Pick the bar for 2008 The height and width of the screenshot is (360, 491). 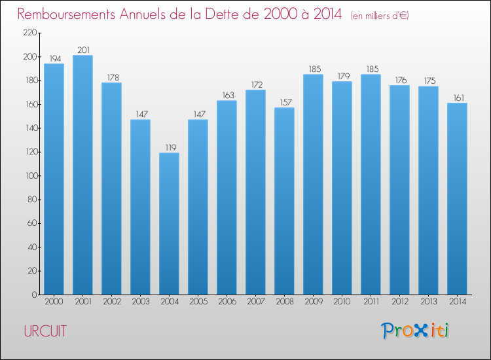(x=284, y=201)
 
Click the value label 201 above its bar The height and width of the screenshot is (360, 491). (x=82, y=50)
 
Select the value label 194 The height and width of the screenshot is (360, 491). (x=54, y=58)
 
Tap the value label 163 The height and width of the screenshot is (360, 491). (x=227, y=95)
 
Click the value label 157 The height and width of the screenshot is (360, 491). (x=284, y=102)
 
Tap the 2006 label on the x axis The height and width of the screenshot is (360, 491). (x=227, y=302)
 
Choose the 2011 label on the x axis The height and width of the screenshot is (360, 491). (x=371, y=302)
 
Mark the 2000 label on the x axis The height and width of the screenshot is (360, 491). (x=54, y=302)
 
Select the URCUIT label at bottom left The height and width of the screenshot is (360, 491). (x=45, y=331)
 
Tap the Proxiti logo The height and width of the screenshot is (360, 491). (x=416, y=331)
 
